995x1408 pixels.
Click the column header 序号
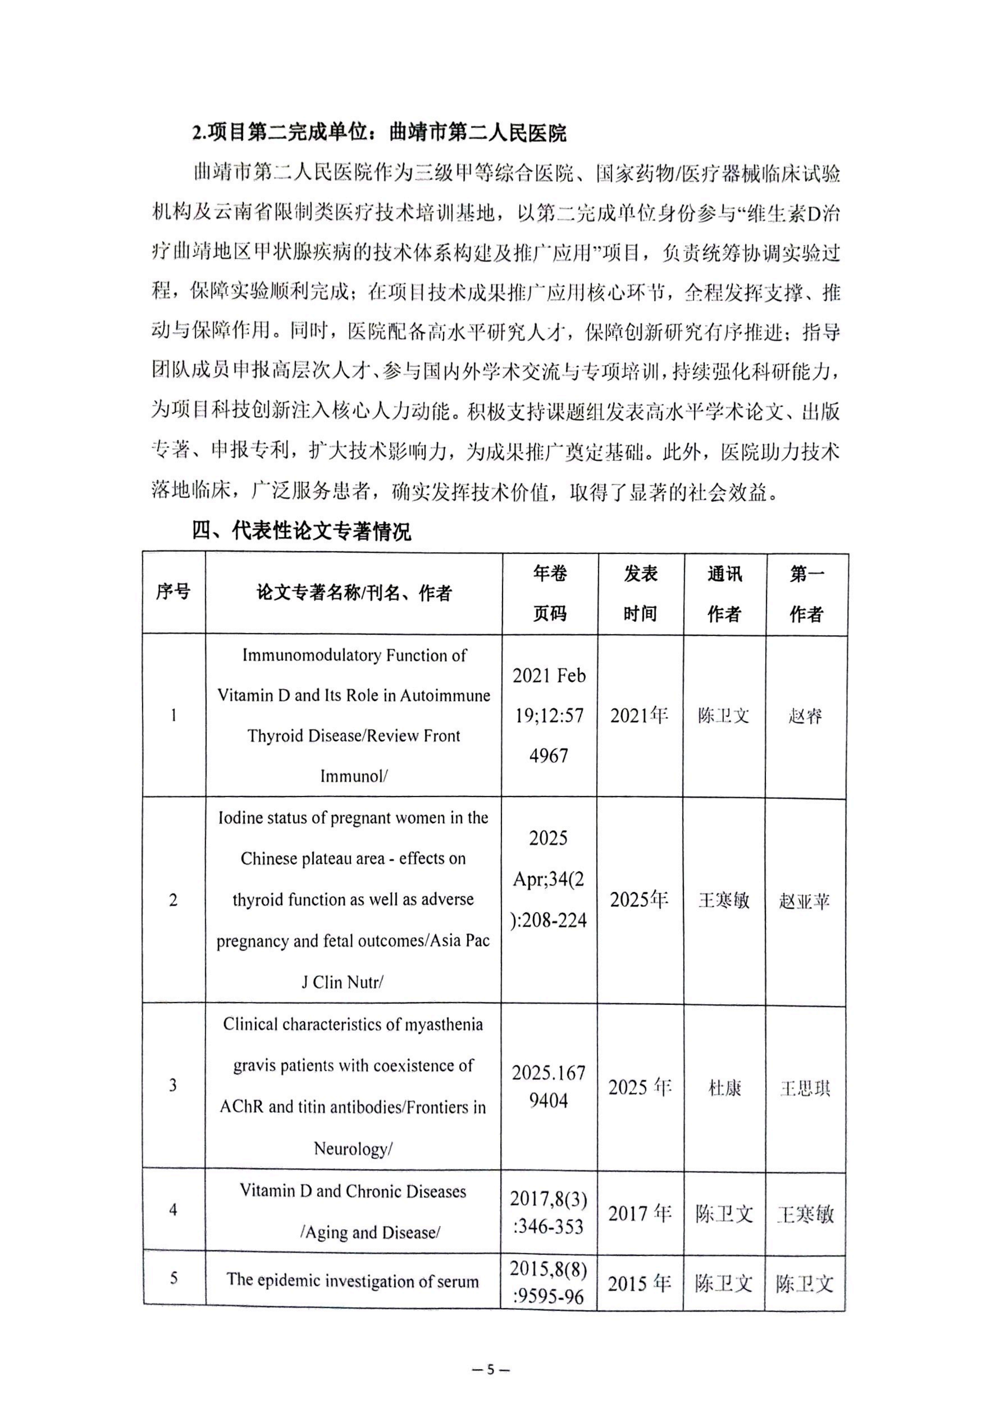174,592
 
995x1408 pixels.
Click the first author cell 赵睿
805,716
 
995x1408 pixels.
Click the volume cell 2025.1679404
549,1087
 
